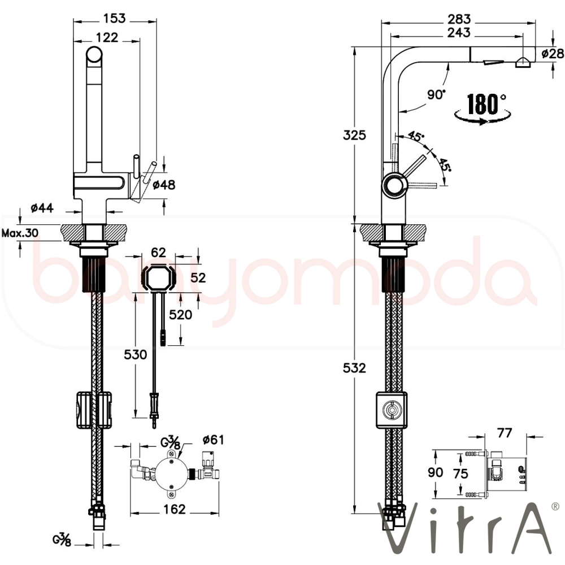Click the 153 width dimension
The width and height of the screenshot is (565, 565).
pyautogui.click(x=115, y=18)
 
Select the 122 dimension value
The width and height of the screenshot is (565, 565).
pyautogui.click(x=107, y=37)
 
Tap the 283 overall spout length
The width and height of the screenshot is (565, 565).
pyautogui.click(x=459, y=19)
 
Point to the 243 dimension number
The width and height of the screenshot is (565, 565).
pyautogui.click(x=459, y=32)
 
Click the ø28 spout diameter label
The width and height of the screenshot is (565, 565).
pyautogui.click(x=553, y=53)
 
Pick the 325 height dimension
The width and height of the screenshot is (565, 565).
pyautogui.click(x=354, y=135)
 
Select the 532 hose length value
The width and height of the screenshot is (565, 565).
pyautogui.click(x=354, y=368)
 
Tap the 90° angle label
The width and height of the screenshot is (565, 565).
pyautogui.click(x=436, y=95)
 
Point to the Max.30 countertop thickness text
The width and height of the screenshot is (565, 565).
pyautogui.click(x=20, y=233)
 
